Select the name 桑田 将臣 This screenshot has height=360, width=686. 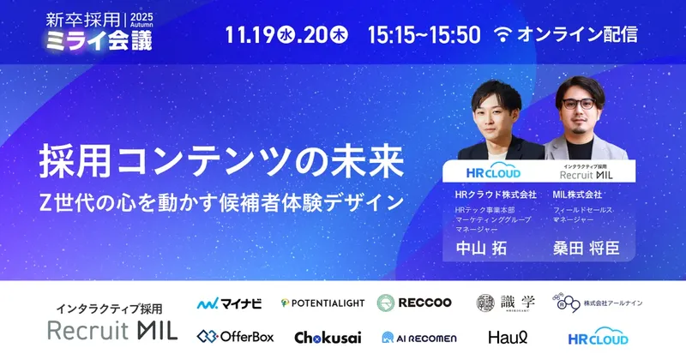coord(582,249)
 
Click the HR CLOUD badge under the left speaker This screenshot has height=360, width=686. coord(488,171)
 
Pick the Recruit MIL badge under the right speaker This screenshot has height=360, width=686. coord(584,171)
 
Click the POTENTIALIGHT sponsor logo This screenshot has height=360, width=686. coord(322,303)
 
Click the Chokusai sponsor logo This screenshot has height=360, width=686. coord(323,337)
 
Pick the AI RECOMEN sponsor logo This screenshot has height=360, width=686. coord(413,338)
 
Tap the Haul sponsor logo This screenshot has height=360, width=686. coord(505,337)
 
